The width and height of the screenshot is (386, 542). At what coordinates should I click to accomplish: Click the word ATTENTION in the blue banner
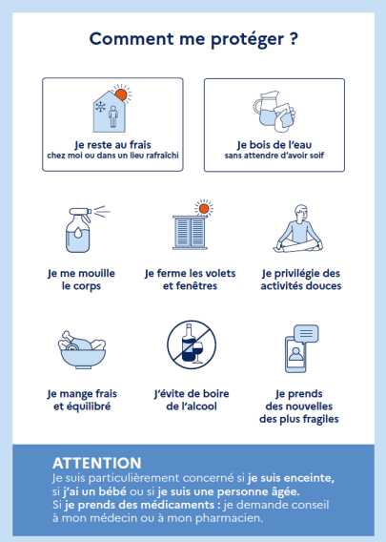[97, 463]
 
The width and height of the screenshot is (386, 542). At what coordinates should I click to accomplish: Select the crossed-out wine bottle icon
[192, 344]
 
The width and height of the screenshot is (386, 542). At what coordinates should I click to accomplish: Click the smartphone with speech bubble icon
[301, 349]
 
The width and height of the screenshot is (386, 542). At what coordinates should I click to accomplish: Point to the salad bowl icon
[82, 350]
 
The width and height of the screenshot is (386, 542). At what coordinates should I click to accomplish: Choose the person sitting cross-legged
[298, 229]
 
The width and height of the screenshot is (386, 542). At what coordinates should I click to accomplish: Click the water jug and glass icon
[274, 112]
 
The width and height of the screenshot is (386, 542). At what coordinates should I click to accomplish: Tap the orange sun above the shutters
[204, 208]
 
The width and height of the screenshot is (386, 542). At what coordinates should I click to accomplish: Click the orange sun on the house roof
[122, 94]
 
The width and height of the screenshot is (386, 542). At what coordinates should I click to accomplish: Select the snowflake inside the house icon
[100, 107]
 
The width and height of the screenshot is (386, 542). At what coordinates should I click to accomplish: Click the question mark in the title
[293, 38]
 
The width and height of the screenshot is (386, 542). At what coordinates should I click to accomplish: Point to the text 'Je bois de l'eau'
[274, 144]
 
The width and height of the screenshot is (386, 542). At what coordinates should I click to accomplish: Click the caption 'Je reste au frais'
[112, 144]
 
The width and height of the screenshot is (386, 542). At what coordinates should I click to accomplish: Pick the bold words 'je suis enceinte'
[291, 478]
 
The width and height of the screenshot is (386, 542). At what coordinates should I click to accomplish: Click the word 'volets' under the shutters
[219, 273]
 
